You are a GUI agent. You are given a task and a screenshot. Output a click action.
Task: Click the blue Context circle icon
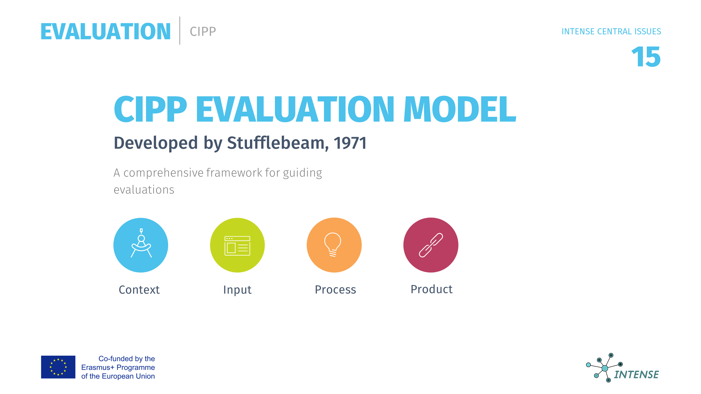(x=141, y=245)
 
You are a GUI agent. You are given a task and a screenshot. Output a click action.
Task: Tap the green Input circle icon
(x=237, y=245)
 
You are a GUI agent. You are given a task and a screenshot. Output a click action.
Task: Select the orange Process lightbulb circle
(x=334, y=245)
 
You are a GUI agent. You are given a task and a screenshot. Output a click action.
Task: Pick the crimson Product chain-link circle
(x=431, y=245)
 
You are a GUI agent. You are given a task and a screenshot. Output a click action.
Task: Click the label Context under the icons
(x=139, y=290)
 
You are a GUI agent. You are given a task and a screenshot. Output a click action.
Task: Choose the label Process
(x=335, y=290)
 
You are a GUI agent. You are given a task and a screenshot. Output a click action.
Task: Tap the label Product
(x=432, y=289)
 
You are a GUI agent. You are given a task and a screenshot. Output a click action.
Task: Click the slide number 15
(x=647, y=57)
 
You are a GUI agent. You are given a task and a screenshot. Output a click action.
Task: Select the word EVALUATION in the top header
(x=106, y=31)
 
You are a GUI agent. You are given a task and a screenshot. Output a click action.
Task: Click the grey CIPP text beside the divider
(x=203, y=31)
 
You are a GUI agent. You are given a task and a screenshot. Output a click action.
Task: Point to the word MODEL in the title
(x=460, y=109)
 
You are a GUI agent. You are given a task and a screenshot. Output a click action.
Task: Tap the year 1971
(x=350, y=143)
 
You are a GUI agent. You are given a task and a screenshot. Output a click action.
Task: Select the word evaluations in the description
(x=144, y=190)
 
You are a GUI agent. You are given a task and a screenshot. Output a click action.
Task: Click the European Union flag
(x=58, y=367)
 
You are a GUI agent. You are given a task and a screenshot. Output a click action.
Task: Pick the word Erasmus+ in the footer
(x=98, y=367)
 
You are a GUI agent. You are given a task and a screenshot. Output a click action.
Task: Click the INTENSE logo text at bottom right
(x=636, y=375)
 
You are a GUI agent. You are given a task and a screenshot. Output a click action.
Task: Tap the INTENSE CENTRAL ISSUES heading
(x=611, y=31)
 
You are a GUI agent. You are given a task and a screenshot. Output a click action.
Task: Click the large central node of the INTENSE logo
(x=605, y=368)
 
